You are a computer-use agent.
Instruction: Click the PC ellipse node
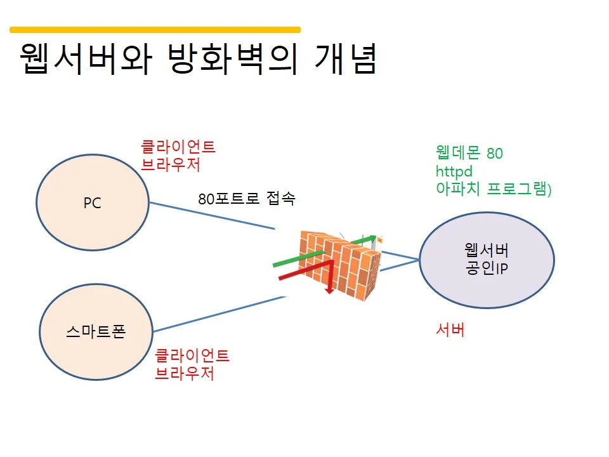(93, 202)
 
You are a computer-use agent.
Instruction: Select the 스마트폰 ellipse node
(96, 332)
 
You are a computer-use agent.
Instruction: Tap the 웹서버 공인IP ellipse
(487, 260)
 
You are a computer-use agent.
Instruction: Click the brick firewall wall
(341, 265)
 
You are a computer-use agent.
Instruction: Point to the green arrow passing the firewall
(325, 251)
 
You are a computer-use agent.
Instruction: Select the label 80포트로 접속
(247, 199)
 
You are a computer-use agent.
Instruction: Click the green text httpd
(454, 171)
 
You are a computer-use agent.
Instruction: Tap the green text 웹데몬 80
(469, 153)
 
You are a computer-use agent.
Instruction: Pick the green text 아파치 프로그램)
(494, 189)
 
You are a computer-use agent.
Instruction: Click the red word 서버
(450, 330)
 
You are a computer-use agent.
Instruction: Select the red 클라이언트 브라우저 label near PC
(178, 156)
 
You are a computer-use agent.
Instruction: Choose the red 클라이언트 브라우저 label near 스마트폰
(192, 364)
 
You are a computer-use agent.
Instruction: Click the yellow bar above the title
(155, 30)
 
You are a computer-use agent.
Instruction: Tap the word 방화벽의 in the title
(233, 58)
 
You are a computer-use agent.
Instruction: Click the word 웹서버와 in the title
(86, 58)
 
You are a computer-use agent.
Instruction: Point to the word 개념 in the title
(346, 58)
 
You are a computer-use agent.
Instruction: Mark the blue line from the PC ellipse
(212, 216)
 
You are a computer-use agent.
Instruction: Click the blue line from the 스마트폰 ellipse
(219, 314)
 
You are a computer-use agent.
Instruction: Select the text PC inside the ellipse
(93, 203)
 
